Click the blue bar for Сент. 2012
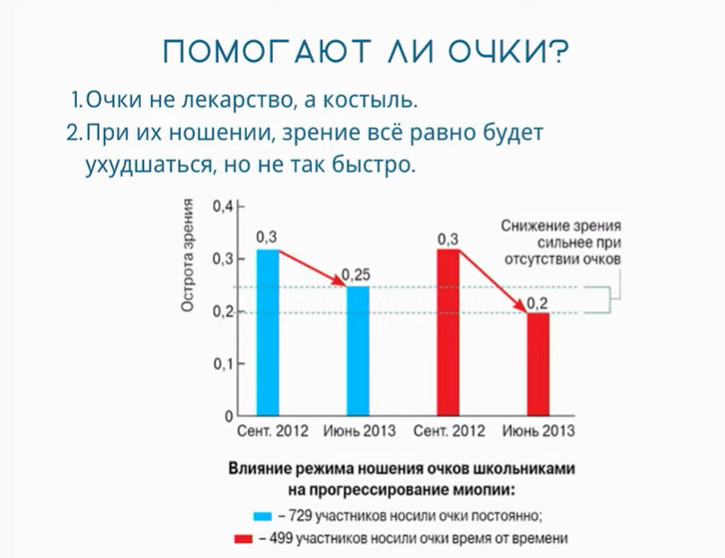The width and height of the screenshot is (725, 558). click(x=268, y=332)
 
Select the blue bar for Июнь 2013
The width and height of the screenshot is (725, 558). click(x=358, y=351)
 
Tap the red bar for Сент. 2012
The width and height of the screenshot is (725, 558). click(x=448, y=332)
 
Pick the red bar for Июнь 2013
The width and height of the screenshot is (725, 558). click(x=538, y=364)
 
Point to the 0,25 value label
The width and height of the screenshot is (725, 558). click(x=356, y=275)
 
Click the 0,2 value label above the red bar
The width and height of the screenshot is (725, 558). click(x=537, y=304)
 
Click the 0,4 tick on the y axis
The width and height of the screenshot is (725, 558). click(x=223, y=207)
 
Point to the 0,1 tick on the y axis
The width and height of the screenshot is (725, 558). click(x=223, y=364)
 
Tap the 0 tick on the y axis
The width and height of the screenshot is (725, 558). click(x=229, y=416)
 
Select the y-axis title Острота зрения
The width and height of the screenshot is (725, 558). click(x=187, y=255)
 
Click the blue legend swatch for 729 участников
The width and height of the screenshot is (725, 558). click(x=263, y=516)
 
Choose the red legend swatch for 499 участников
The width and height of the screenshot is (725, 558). click(x=244, y=539)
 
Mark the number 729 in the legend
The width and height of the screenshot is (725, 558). click(x=300, y=515)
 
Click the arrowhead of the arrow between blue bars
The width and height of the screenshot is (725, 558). click(x=340, y=281)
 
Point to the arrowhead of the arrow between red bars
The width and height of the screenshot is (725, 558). click(x=521, y=306)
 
